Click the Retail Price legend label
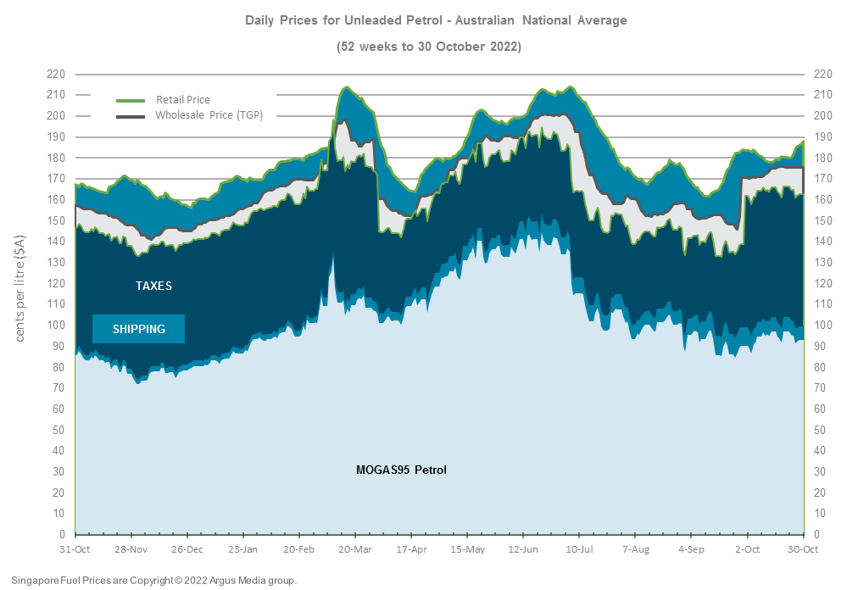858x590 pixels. point(182,100)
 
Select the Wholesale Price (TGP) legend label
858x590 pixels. point(209,115)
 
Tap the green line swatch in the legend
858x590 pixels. point(131,100)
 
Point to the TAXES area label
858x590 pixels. point(153,286)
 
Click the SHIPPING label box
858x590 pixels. point(138,329)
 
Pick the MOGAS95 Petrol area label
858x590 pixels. point(401,470)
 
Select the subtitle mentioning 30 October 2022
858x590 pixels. point(429,47)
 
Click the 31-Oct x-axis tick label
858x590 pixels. point(75,549)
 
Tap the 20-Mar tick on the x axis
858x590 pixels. point(355,549)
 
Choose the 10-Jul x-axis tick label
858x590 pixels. point(579,549)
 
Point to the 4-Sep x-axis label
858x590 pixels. point(691,549)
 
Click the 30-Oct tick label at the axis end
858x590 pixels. point(803,549)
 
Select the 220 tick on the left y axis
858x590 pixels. point(56,74)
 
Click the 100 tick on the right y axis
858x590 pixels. point(822,326)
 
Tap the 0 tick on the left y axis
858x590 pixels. point(63,535)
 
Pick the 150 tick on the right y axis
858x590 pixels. point(822,220)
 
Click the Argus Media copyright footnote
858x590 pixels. point(154,581)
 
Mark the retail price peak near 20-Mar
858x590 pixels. point(347,86)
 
